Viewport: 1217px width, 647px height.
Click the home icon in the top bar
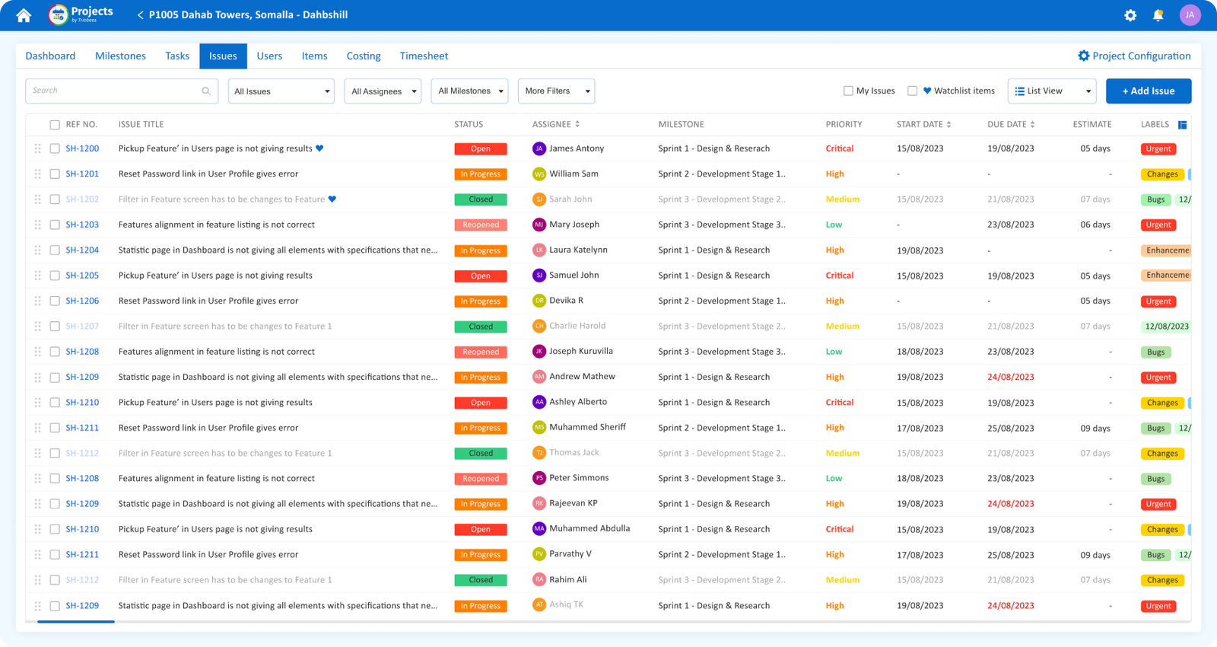point(24,15)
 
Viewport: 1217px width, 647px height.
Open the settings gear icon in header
point(1130,15)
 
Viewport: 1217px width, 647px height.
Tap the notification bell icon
point(1158,15)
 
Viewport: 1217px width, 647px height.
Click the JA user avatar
point(1190,15)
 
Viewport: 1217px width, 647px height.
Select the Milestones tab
point(120,56)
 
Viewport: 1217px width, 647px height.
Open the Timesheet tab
point(424,56)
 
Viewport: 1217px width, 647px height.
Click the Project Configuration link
point(1134,56)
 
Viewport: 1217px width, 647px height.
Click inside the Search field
point(114,91)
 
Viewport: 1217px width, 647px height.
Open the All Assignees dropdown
point(383,91)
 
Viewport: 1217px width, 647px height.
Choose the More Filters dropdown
point(556,91)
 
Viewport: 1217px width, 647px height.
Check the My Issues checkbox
point(848,91)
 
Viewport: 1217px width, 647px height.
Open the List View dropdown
point(1052,91)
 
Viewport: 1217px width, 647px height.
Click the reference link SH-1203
point(82,225)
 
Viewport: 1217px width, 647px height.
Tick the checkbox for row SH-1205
point(55,276)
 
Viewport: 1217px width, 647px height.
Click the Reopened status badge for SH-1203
point(481,225)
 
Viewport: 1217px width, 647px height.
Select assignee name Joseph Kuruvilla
point(581,351)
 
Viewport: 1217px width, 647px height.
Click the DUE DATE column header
point(1007,124)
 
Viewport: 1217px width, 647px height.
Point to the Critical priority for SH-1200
point(840,148)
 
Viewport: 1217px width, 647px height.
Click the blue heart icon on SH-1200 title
point(319,148)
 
